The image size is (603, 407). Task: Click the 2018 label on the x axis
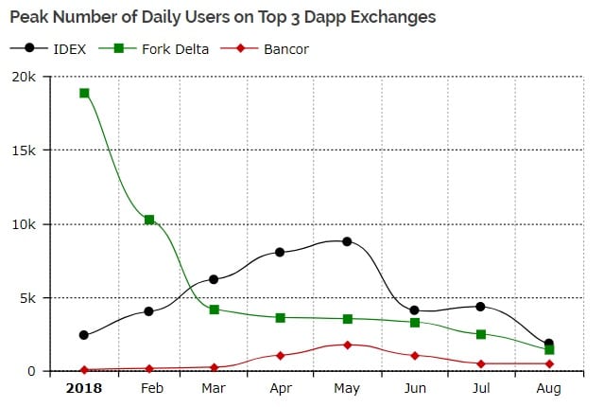pyautogui.click(x=84, y=388)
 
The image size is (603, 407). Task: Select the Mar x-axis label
pyautogui.click(x=215, y=388)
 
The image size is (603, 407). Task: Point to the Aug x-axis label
pyautogui.click(x=549, y=388)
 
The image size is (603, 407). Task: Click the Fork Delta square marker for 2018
pyautogui.click(x=84, y=93)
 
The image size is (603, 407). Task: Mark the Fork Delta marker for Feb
pyautogui.click(x=149, y=220)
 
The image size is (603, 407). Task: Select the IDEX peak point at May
pyautogui.click(x=347, y=241)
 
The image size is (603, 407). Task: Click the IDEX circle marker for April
pyautogui.click(x=281, y=252)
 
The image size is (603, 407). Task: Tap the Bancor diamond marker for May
pyautogui.click(x=347, y=345)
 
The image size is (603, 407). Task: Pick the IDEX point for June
pyautogui.click(x=414, y=310)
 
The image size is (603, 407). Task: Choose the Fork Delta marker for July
pyautogui.click(x=481, y=334)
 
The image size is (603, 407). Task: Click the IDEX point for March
pyautogui.click(x=215, y=279)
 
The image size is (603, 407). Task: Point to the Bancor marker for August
pyautogui.click(x=549, y=363)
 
